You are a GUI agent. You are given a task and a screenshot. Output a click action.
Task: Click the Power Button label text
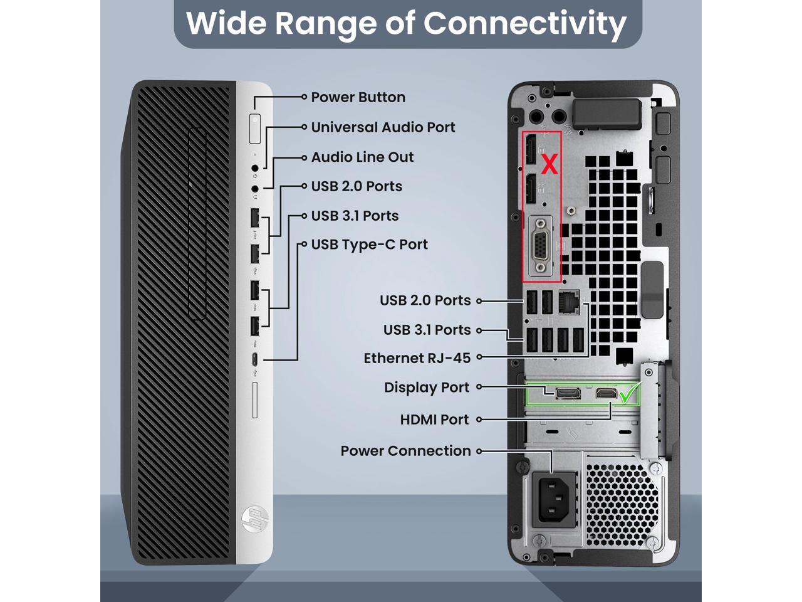click(x=358, y=97)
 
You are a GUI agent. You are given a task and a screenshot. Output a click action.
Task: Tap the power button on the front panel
click(x=254, y=129)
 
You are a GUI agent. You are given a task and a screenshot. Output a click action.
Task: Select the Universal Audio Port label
click(x=383, y=127)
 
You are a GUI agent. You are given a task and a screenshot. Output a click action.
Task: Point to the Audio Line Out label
click(x=362, y=157)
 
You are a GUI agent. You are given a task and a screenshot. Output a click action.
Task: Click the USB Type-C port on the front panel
click(x=255, y=360)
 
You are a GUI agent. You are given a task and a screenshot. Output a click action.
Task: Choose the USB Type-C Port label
click(x=369, y=245)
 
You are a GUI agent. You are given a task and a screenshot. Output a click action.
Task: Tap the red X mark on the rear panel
click(x=549, y=165)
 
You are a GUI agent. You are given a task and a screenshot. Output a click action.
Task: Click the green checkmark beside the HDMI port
click(x=628, y=394)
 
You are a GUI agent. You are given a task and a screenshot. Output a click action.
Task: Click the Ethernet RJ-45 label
click(x=417, y=358)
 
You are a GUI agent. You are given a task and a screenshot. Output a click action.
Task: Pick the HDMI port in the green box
click(x=605, y=393)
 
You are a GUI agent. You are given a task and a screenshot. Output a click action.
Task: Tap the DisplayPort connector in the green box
click(x=568, y=393)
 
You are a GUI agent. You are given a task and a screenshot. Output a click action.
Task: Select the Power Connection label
click(x=405, y=451)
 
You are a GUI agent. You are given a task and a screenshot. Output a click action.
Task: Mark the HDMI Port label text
click(x=434, y=420)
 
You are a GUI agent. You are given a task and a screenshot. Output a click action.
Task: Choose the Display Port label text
click(x=426, y=388)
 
